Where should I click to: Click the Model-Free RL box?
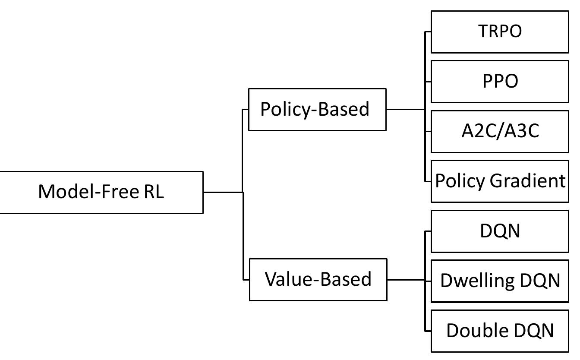coord(101,192)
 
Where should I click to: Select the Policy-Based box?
coord(317,109)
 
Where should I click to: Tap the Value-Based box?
coord(318,279)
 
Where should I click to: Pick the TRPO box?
coord(500,32)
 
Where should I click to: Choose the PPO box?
coord(500,81)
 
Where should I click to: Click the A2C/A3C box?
coord(500,131)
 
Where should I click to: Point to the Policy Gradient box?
coord(500,181)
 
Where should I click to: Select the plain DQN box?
coord(500,231)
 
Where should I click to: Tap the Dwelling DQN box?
coord(500,281)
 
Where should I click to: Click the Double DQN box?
coord(500,331)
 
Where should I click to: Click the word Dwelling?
coord(477,281)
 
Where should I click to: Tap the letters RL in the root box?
coord(154,192)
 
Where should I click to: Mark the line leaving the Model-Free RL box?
coord(222,192)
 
